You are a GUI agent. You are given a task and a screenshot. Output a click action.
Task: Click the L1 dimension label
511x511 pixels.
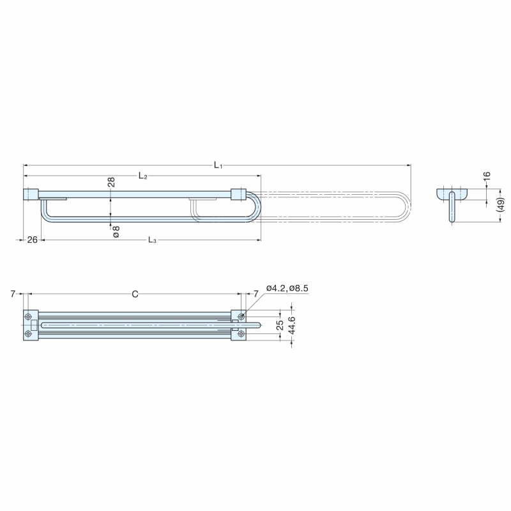218,165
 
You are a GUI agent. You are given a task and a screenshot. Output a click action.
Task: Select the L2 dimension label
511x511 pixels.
142,176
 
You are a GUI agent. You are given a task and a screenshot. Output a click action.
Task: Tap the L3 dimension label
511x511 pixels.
152,240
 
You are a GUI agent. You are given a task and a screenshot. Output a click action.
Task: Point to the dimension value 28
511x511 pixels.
111,182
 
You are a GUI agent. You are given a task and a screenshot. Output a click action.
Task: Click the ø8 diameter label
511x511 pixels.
116,232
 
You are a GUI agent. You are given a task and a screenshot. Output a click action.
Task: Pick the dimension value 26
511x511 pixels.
33,240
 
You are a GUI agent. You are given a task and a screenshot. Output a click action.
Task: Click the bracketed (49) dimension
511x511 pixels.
501,205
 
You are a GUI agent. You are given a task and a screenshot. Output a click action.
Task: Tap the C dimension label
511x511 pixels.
135,294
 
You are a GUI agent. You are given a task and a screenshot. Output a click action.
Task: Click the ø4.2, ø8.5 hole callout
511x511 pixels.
287,288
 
